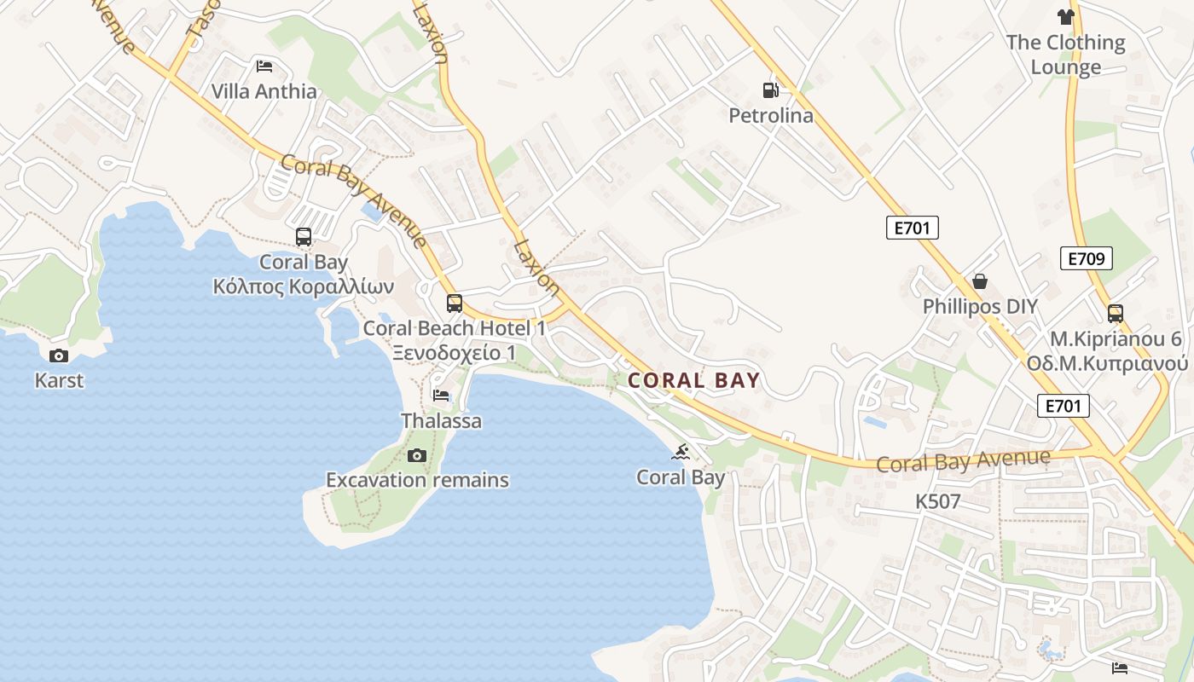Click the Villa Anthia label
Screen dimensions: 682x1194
pos(264,91)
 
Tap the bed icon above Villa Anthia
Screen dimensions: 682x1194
pos(264,66)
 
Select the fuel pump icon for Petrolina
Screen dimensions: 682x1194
pos(770,90)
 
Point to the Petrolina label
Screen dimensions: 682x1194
pos(771,115)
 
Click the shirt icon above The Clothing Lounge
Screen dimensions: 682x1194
pos(1065,16)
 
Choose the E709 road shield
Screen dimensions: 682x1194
pos(1086,258)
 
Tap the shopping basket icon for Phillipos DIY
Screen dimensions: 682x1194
pos(980,281)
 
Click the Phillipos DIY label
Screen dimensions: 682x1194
pos(980,307)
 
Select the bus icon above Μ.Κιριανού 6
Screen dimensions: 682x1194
pos(1116,314)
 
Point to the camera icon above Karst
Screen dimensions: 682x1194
pos(59,355)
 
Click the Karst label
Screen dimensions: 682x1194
pos(59,380)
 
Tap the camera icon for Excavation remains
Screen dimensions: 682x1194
pos(416,455)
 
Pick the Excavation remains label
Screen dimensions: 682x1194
pos(417,480)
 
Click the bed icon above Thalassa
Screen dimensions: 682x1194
pos(441,396)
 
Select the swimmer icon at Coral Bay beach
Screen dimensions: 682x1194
pos(681,452)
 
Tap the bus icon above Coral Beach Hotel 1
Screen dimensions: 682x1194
pos(455,303)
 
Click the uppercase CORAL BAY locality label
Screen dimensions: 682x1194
pos(693,380)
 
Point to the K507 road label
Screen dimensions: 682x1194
pos(937,502)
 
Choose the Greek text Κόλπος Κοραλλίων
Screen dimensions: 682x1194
pos(303,286)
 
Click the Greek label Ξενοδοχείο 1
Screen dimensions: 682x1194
pos(454,352)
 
